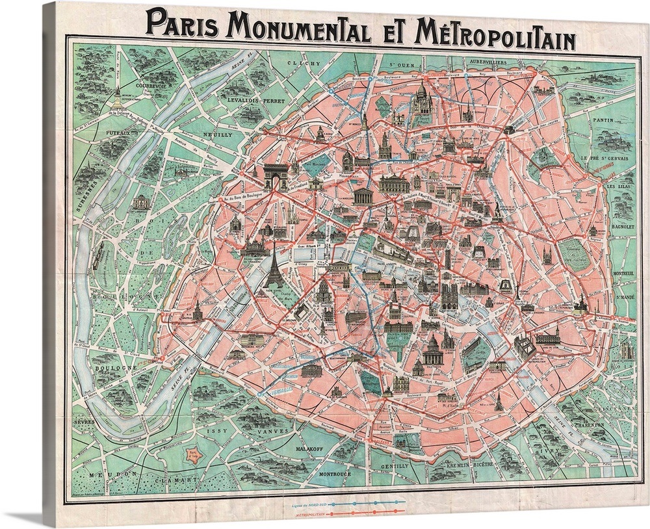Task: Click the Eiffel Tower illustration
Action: tap(274, 266)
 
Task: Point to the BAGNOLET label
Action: tap(623, 232)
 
